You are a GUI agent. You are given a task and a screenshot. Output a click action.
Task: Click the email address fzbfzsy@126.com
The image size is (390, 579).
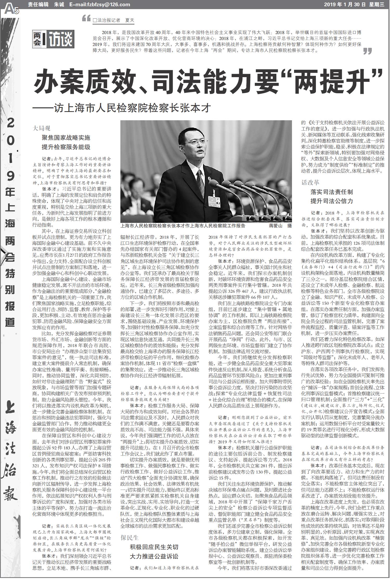click(100, 4)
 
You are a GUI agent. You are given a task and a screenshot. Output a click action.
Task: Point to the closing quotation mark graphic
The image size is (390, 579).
click(367, 51)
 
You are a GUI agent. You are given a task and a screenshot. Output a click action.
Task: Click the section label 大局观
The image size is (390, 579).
click(41, 128)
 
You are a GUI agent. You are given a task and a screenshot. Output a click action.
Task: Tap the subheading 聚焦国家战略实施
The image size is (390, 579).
click(66, 138)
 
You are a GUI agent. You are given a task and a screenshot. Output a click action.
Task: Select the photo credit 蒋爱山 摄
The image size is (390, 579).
click(280, 226)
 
